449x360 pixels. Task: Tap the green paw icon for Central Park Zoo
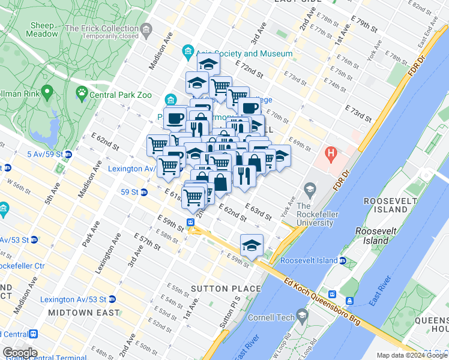(81, 93)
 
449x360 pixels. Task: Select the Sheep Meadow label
(42, 29)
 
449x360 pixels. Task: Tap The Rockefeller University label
(315, 214)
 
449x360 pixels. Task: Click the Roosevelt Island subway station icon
(342, 261)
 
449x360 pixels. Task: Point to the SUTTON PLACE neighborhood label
(226, 289)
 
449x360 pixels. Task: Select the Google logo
(20, 353)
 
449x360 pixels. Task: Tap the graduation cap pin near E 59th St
(252, 244)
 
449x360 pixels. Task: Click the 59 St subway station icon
(145, 193)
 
